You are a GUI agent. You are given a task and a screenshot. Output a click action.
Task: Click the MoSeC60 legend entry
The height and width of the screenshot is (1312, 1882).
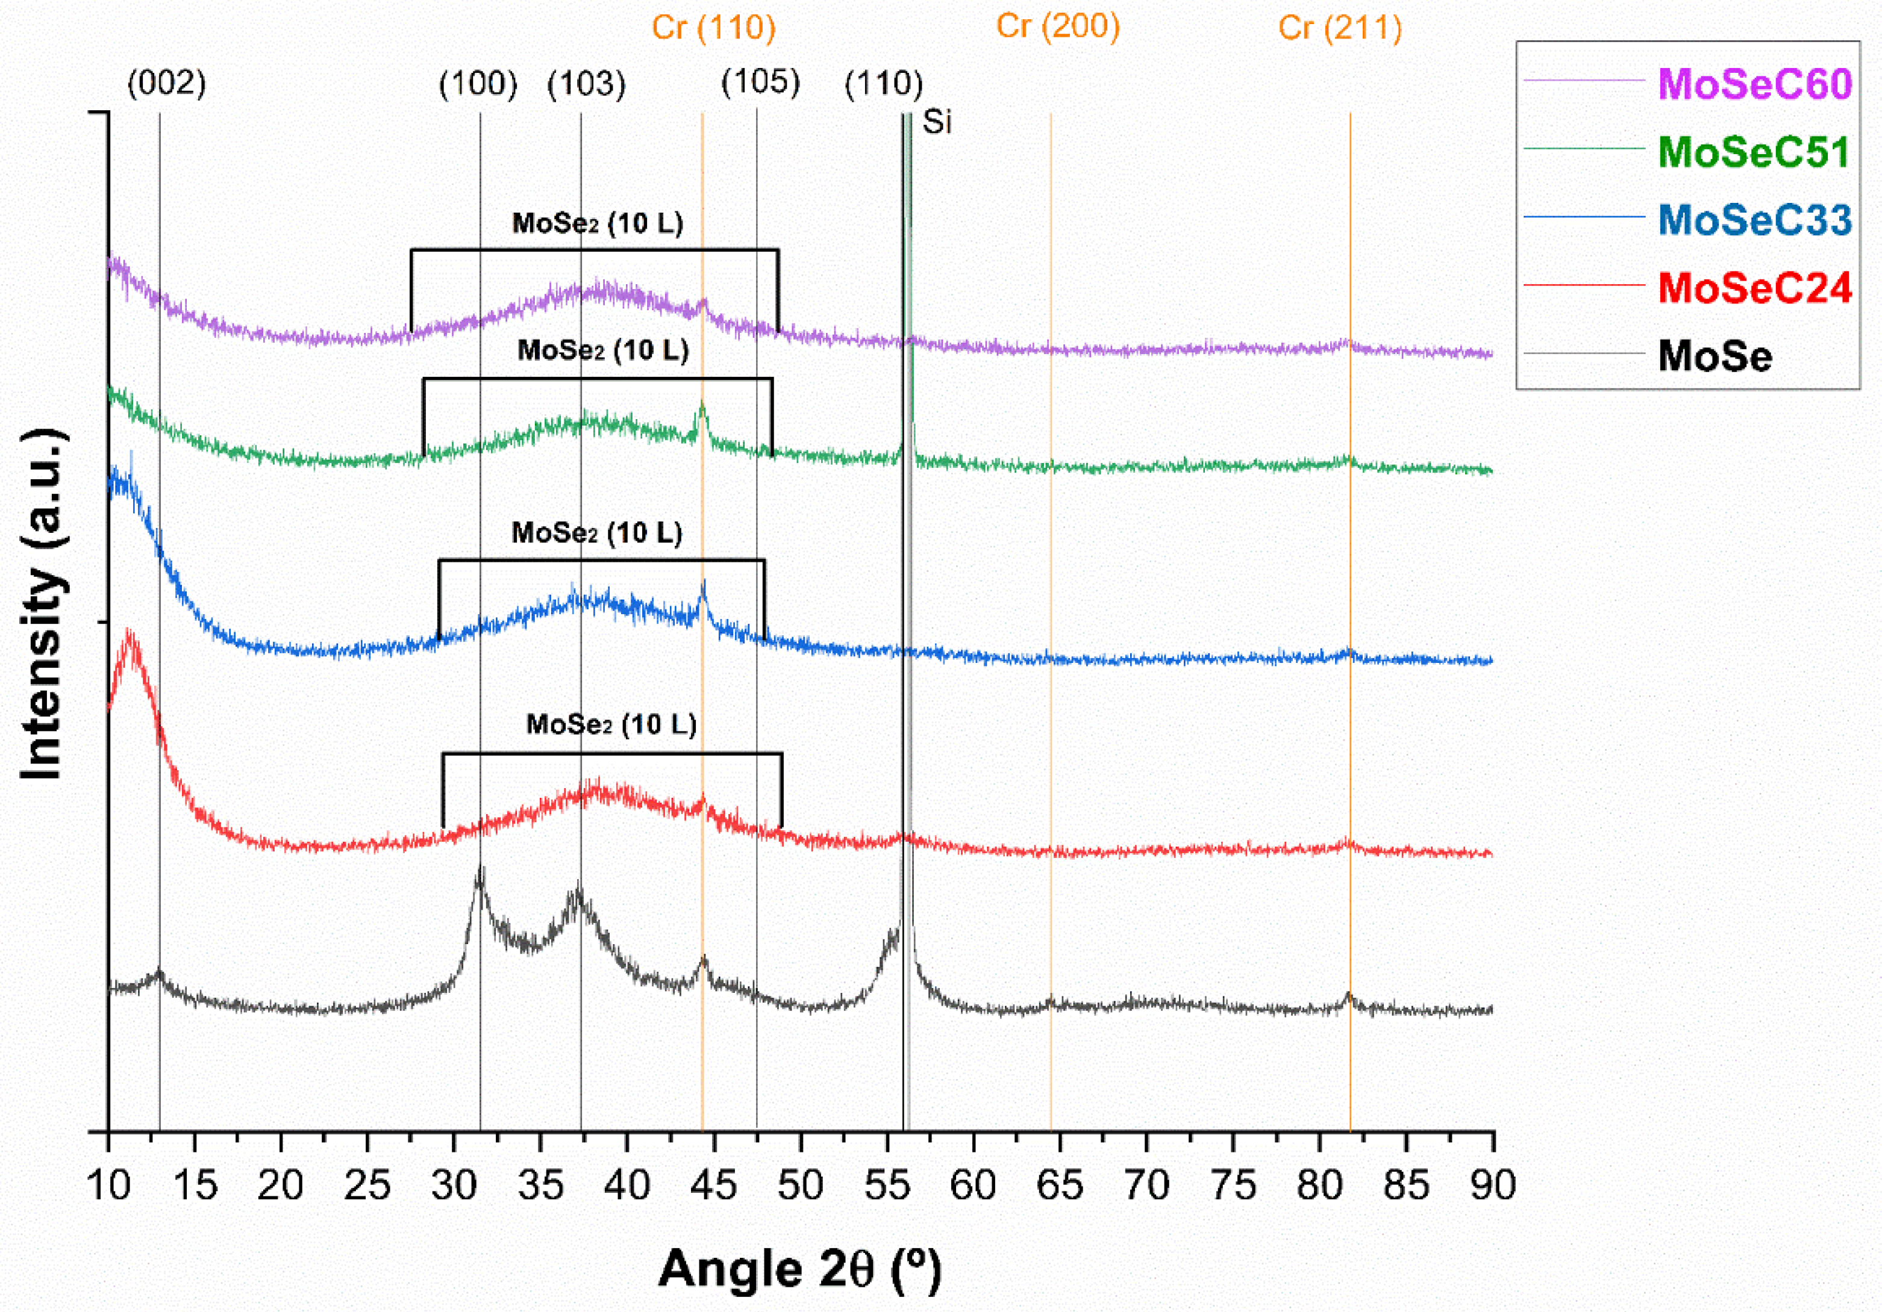[1754, 84]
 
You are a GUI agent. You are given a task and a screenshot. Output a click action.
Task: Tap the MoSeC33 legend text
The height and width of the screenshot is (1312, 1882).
[1754, 220]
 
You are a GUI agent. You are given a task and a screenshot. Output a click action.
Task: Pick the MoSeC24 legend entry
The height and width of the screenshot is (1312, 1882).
[1754, 288]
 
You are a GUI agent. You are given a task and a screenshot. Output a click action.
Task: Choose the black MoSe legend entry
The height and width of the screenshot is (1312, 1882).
[1715, 356]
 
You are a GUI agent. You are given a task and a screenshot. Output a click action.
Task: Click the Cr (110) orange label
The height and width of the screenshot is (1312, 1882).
[713, 28]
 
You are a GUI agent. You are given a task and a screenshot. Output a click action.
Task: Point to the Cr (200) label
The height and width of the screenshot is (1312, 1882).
[1057, 26]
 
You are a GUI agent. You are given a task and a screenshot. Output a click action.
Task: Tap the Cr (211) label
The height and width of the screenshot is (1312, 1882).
[1339, 28]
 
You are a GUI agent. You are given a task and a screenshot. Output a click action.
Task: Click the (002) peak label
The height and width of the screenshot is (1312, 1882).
[166, 82]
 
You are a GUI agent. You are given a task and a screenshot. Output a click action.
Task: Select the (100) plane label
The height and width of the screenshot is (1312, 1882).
[478, 84]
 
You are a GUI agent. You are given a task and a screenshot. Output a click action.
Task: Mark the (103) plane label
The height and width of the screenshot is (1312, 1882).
[586, 84]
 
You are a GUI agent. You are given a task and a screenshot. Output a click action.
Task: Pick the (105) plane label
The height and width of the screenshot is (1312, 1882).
[760, 82]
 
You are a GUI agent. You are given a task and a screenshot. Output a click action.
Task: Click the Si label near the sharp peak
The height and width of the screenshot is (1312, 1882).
[937, 122]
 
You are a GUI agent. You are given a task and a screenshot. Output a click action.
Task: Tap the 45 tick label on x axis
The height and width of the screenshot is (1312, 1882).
[713, 1185]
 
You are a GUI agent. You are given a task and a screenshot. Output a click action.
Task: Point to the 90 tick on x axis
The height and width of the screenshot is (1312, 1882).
[1492, 1185]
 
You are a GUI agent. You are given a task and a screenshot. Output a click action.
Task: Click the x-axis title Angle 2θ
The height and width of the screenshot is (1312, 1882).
[799, 1269]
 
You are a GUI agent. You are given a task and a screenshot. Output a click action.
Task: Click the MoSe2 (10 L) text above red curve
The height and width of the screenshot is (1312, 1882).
[611, 724]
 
